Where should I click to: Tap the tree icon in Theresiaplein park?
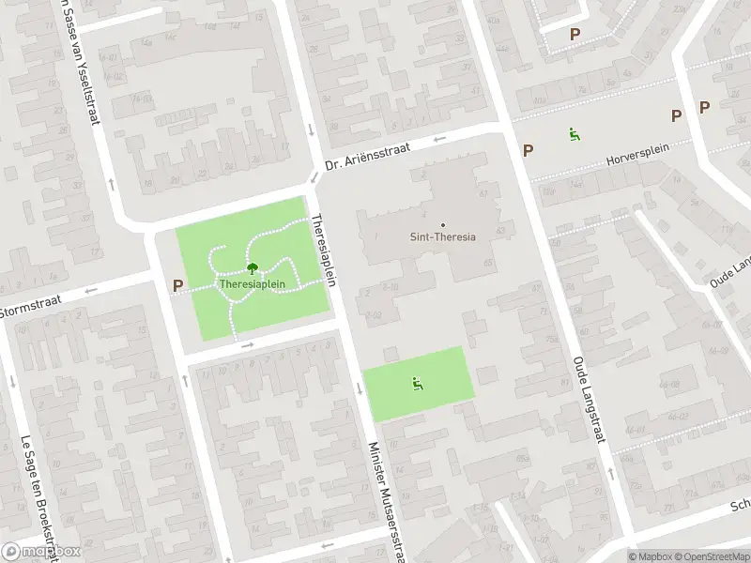[251, 268]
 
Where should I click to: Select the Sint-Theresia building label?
[443, 236]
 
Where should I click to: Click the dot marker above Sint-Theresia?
[443, 224]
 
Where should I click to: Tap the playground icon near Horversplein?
[573, 134]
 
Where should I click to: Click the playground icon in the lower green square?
[416, 383]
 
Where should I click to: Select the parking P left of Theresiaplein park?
[177, 285]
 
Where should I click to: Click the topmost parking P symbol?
[575, 34]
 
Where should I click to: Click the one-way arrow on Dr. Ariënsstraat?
[438, 142]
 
